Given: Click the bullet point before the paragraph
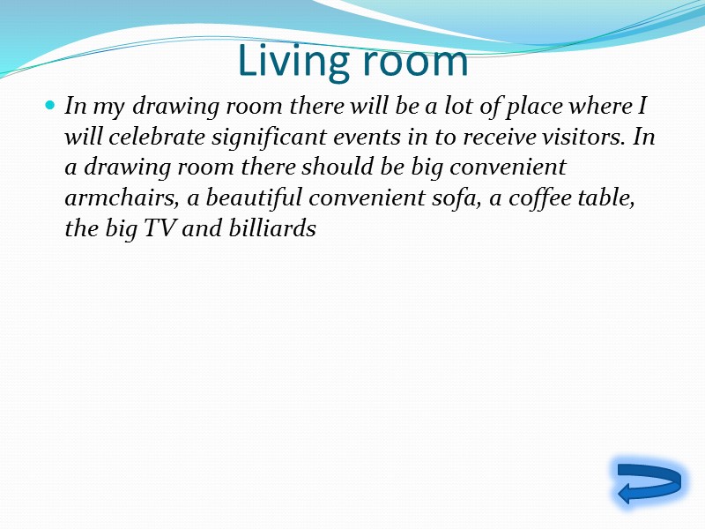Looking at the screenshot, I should click(50, 107).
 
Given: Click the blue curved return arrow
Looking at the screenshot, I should click(649, 483).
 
